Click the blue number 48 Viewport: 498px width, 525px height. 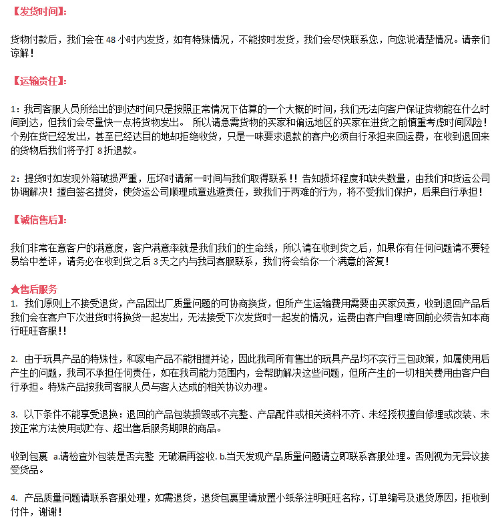pyautogui.click(x=111, y=39)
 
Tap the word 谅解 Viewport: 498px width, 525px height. pyautogui.click(x=21, y=52)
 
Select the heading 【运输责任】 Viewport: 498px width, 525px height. pyautogui.click(x=39, y=81)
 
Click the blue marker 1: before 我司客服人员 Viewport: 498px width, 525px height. pyautogui.click(x=15, y=108)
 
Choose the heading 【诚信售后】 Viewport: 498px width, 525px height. pyautogui.click(x=39, y=220)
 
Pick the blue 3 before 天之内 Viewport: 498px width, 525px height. pyautogui.click(x=156, y=262)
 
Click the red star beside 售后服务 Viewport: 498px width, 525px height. pyautogui.click(x=15, y=289)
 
